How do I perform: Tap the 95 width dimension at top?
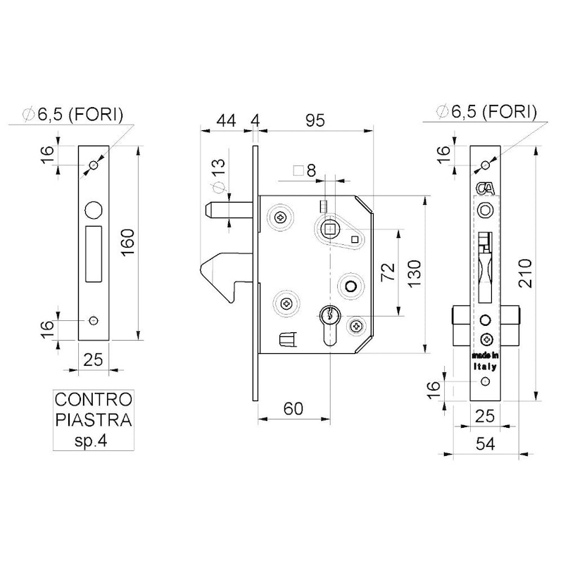coord(315,121)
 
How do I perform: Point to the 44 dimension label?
coord(225,121)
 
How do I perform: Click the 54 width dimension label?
coord(486,444)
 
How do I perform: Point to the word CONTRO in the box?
coord(93,400)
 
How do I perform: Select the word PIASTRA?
coord(93,421)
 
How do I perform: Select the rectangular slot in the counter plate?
coord(93,250)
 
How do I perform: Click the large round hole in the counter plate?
coord(93,210)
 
